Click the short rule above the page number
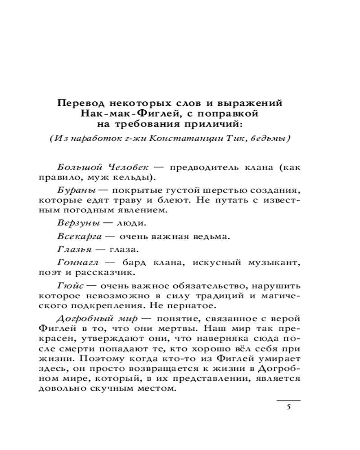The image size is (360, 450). tap(288, 400)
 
